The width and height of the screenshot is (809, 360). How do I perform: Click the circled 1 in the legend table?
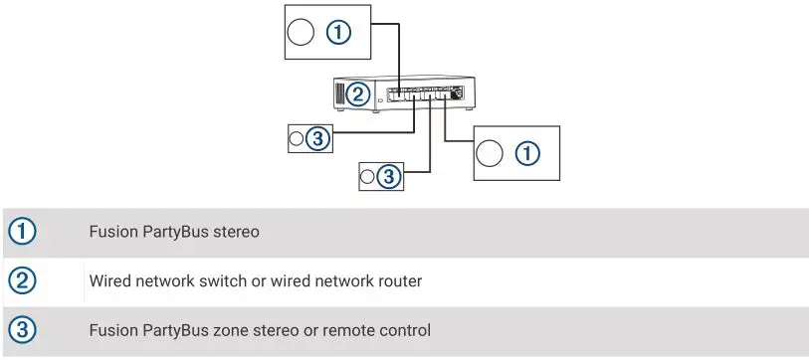(x=22, y=232)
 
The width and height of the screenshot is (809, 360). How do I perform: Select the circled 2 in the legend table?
(x=22, y=281)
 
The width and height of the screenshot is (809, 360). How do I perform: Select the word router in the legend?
(x=398, y=281)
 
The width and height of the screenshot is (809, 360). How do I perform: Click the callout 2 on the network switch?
(x=359, y=94)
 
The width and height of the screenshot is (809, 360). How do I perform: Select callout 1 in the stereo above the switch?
(x=339, y=34)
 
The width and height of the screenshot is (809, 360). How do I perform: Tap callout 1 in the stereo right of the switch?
(x=526, y=153)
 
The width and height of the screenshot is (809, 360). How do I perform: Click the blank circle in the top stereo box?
(x=300, y=34)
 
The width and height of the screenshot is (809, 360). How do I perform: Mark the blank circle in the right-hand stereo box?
(x=488, y=153)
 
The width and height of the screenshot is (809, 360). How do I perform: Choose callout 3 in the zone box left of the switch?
(x=317, y=139)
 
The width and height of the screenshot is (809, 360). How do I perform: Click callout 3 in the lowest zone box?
(x=389, y=176)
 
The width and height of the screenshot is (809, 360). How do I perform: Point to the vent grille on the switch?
(x=338, y=94)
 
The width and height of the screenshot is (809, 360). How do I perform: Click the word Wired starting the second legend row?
(x=110, y=281)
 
